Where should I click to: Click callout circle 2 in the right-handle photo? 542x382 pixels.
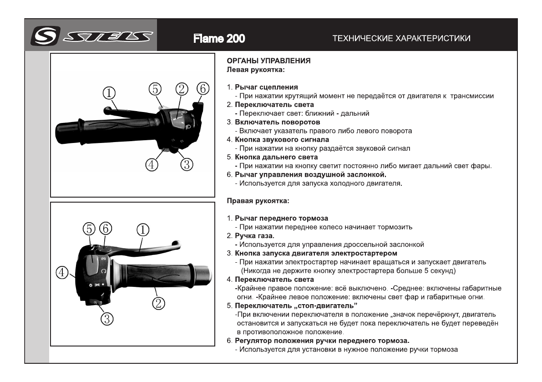(x=157, y=303)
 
